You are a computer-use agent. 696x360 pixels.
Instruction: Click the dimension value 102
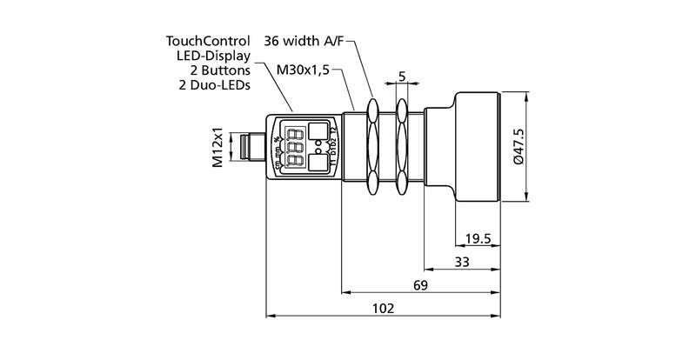pyautogui.click(x=383, y=309)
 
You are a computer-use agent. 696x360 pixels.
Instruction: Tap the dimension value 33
pyautogui.click(x=463, y=262)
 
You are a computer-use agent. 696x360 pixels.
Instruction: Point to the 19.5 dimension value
pyautogui.click(x=478, y=238)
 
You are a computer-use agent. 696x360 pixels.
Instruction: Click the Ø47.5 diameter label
pyautogui.click(x=519, y=146)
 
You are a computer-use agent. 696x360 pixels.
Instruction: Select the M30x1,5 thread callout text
pyautogui.click(x=303, y=69)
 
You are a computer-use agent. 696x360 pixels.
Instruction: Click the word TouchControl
pyautogui.click(x=208, y=41)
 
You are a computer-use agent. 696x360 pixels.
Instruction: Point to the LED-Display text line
pyautogui.click(x=213, y=55)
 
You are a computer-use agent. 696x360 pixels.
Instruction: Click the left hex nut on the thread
pyautogui.click(x=374, y=145)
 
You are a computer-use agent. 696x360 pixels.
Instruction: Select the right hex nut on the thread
pyautogui.click(x=402, y=145)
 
